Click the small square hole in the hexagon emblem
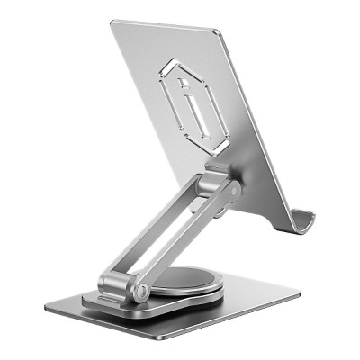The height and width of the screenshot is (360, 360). coord(184,84)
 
